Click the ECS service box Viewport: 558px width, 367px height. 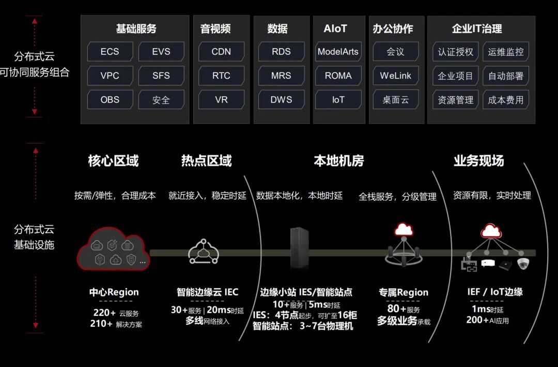[x=110, y=52]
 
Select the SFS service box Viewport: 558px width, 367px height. [x=161, y=76]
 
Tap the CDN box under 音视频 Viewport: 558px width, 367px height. [x=221, y=52]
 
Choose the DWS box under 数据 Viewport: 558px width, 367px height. [x=281, y=99]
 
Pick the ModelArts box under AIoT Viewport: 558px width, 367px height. [x=338, y=52]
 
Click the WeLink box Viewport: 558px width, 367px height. [x=396, y=76]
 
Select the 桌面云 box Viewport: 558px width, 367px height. [x=396, y=99]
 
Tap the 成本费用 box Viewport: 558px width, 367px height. [x=506, y=99]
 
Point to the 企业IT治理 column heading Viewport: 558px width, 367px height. [x=477, y=29]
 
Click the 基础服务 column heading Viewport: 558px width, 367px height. [x=136, y=29]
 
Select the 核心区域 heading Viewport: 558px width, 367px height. [x=114, y=161]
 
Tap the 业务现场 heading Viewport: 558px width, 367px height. [x=479, y=161]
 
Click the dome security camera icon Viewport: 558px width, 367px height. [x=524, y=263]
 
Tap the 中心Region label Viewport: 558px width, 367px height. [x=114, y=292]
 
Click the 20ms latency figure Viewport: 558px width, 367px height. [x=218, y=310]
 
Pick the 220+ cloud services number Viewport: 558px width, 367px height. [x=104, y=313]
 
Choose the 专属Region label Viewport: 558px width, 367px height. [x=404, y=292]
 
